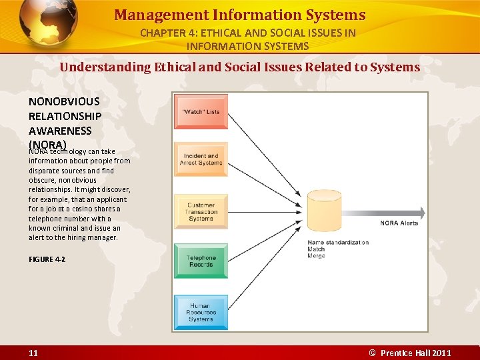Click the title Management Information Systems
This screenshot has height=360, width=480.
point(239,15)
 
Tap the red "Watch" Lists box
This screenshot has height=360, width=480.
point(201,111)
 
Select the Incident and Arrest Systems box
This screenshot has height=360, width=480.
point(201,159)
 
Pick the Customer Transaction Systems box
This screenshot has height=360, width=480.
point(201,211)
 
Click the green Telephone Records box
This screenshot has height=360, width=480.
point(201,261)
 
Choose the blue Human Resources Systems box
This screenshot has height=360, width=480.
point(201,312)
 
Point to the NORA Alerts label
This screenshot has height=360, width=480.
point(399,223)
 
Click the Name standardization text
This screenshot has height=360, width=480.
point(338,242)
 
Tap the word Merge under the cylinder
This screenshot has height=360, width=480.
point(316,256)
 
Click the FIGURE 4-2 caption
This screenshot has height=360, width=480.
point(47,259)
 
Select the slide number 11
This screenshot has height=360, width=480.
point(33,353)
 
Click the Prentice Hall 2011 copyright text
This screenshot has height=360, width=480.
point(411,353)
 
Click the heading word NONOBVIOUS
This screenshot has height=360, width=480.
point(64,101)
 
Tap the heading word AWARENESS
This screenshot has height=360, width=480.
point(60,131)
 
